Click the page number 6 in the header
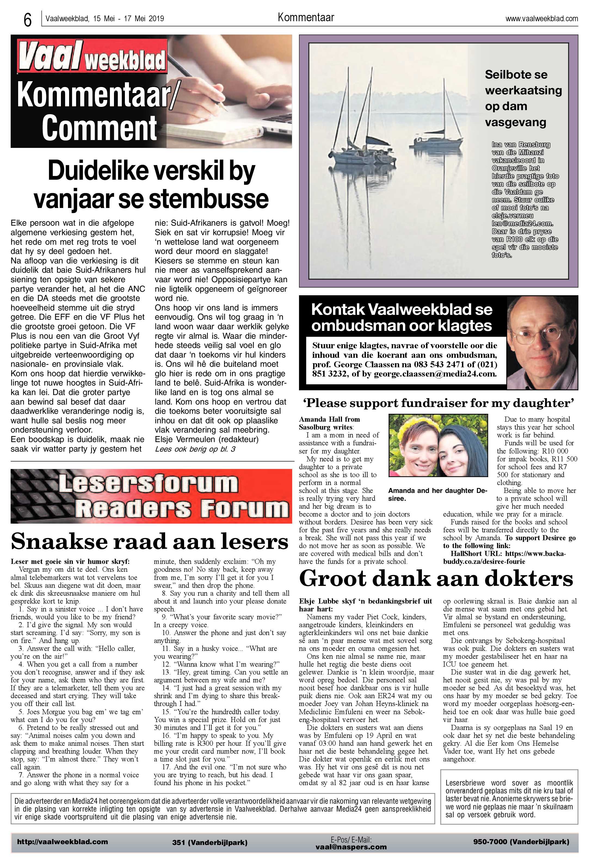click(x=27, y=20)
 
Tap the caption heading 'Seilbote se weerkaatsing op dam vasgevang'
click(x=523, y=98)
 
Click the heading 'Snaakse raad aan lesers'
click(x=149, y=542)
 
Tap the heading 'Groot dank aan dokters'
click(x=436, y=579)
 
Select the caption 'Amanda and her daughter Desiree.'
click(x=437, y=494)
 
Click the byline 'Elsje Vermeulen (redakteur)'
click(x=206, y=439)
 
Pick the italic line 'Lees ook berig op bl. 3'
click(x=195, y=449)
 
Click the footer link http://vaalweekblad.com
click(x=62, y=842)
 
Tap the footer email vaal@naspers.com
click(x=351, y=847)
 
